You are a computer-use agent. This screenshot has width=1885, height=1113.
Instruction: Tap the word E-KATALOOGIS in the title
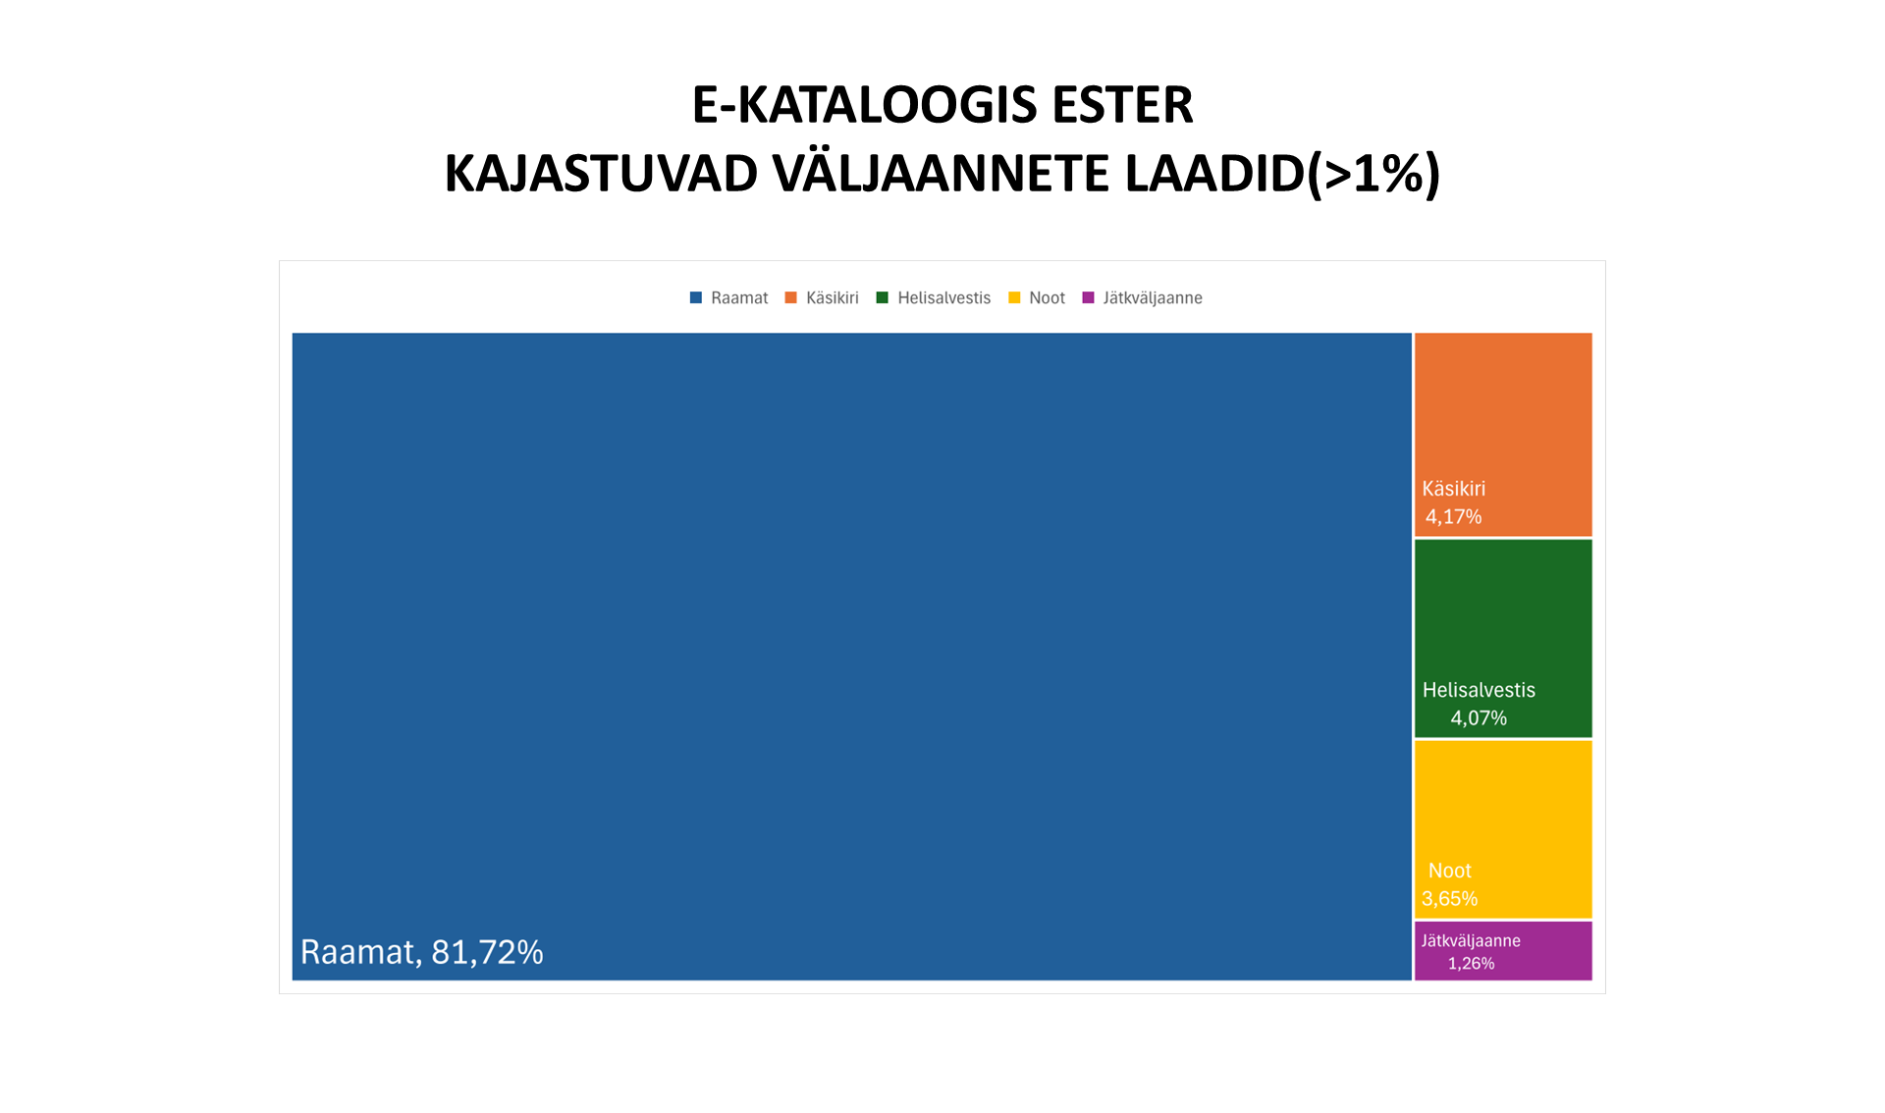tap(862, 105)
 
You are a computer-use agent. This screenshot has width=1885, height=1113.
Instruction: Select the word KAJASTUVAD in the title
tap(601, 174)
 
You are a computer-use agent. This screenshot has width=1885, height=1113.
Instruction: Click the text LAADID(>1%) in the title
tap(1282, 174)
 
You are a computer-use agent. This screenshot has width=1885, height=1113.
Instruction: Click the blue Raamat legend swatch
tap(696, 297)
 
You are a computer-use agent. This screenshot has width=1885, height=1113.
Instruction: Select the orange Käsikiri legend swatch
tap(791, 297)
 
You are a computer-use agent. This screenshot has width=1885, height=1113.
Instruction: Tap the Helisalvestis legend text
tap(943, 297)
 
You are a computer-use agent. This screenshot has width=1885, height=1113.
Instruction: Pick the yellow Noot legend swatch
tap(1014, 297)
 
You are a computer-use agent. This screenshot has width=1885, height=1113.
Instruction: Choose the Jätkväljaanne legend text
tap(1152, 297)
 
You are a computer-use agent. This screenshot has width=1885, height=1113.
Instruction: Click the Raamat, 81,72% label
tap(421, 952)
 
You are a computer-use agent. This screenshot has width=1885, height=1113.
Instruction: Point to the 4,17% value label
tap(1453, 517)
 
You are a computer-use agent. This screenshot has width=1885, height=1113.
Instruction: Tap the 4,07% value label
tap(1479, 718)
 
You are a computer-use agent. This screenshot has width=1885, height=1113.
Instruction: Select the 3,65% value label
tap(1449, 899)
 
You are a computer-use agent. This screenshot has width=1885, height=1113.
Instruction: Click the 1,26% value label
tap(1471, 964)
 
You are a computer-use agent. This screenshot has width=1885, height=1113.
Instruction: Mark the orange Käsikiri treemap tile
tap(1503, 412)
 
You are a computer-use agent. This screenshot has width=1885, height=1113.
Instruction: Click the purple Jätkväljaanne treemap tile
tap(1551, 950)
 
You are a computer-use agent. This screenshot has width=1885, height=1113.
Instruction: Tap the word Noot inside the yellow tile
tap(1449, 871)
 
